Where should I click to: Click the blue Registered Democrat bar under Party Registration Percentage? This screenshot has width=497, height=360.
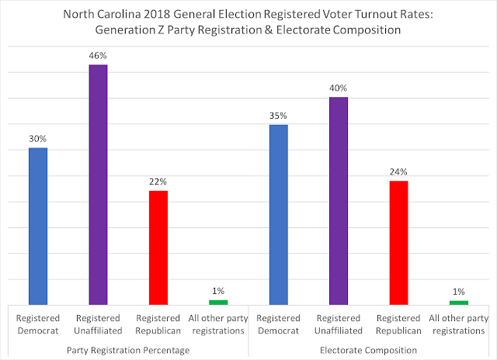(x=38, y=226)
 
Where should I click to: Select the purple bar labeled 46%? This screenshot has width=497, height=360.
(x=98, y=185)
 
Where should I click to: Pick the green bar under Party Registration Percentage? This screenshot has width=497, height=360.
(x=218, y=302)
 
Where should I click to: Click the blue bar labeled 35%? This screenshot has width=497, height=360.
(x=278, y=214)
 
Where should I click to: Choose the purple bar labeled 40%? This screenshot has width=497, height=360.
(x=338, y=201)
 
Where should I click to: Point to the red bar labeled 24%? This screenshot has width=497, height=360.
(x=398, y=242)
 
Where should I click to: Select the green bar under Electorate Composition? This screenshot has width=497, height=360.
(x=458, y=302)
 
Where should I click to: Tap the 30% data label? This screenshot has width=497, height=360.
(x=38, y=137)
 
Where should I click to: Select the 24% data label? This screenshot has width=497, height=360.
(x=398, y=171)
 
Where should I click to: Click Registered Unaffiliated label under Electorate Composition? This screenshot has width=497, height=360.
(x=338, y=324)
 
